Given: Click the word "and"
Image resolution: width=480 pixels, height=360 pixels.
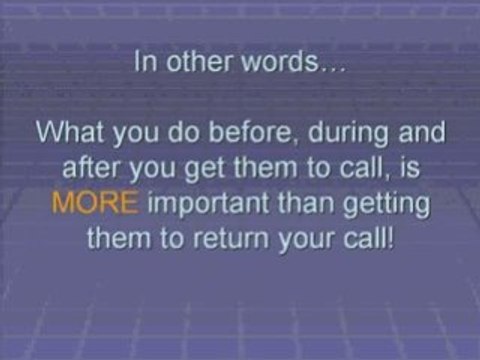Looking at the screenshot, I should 419,132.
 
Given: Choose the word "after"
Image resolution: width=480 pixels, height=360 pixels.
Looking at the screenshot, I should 91,169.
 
